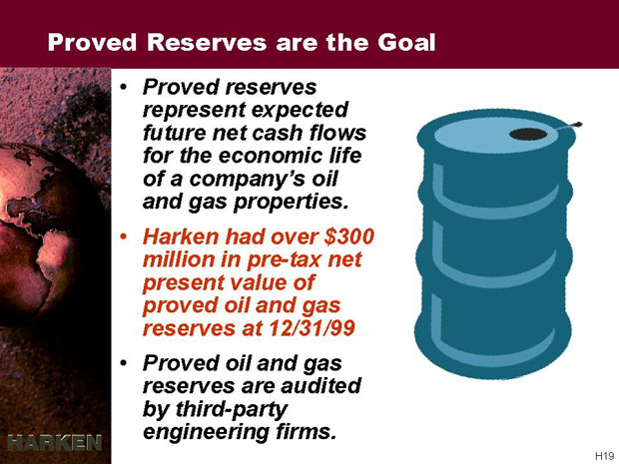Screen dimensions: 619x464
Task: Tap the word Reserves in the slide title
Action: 207,42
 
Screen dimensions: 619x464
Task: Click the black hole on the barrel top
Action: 528,134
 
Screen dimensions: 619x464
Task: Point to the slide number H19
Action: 604,455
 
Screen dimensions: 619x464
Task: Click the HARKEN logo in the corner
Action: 55,443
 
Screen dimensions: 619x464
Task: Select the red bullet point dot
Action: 124,237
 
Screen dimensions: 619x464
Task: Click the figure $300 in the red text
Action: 349,236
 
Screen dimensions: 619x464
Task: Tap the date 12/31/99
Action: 312,328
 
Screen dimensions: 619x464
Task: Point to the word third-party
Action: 232,410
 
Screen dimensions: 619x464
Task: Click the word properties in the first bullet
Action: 292,203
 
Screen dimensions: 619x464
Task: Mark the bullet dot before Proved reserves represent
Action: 124,87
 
